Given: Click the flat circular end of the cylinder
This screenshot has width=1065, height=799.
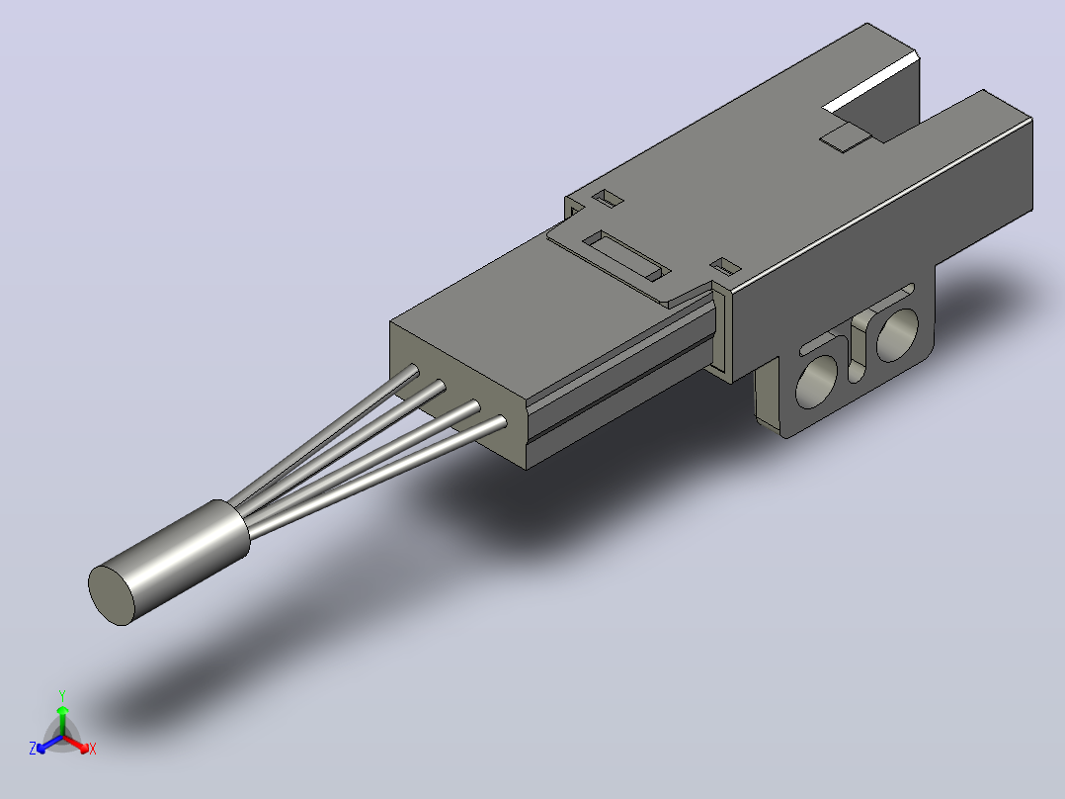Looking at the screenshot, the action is [x=112, y=595].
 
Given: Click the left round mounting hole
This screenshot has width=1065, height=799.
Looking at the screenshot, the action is [x=816, y=382].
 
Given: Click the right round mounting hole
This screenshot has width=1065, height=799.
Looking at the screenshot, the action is [x=897, y=334].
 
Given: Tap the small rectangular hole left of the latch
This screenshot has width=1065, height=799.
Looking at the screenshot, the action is [x=608, y=198].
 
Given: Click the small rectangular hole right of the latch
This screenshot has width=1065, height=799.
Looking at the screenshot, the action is [x=726, y=267].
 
